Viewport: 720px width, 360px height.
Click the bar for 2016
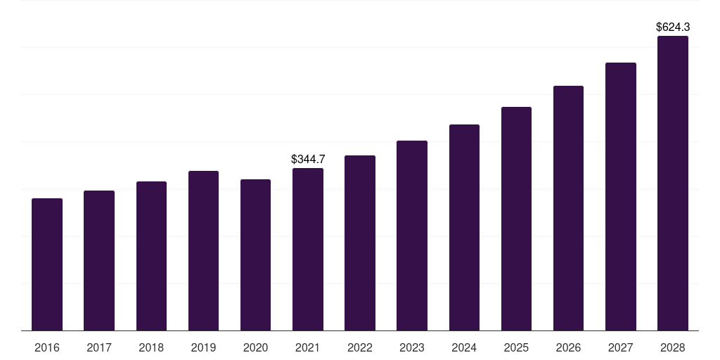pos(47,264)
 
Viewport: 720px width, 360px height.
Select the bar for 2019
pos(203,251)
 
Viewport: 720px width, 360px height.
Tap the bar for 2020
pos(255,255)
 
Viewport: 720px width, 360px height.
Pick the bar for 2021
pos(308,250)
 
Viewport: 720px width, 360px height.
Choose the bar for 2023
pos(412,236)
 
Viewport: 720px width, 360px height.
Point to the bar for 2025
pos(516,219)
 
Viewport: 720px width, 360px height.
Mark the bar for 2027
pos(621,197)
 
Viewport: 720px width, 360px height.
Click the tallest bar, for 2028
pos(673,184)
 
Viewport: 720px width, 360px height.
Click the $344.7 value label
pos(308,160)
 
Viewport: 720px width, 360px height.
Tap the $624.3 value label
pos(673,27)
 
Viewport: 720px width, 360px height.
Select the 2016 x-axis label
pos(47,347)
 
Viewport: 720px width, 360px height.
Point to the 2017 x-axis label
pos(99,347)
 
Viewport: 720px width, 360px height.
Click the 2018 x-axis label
pos(151,347)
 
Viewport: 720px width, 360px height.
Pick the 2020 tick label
pos(255,347)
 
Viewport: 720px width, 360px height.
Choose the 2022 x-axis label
pos(360,347)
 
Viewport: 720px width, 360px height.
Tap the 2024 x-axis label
pos(464,347)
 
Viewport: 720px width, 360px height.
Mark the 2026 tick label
pos(568,347)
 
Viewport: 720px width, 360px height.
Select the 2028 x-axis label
pos(673,347)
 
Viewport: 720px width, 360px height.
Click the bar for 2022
pos(360,243)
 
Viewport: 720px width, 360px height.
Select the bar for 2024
pos(464,228)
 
